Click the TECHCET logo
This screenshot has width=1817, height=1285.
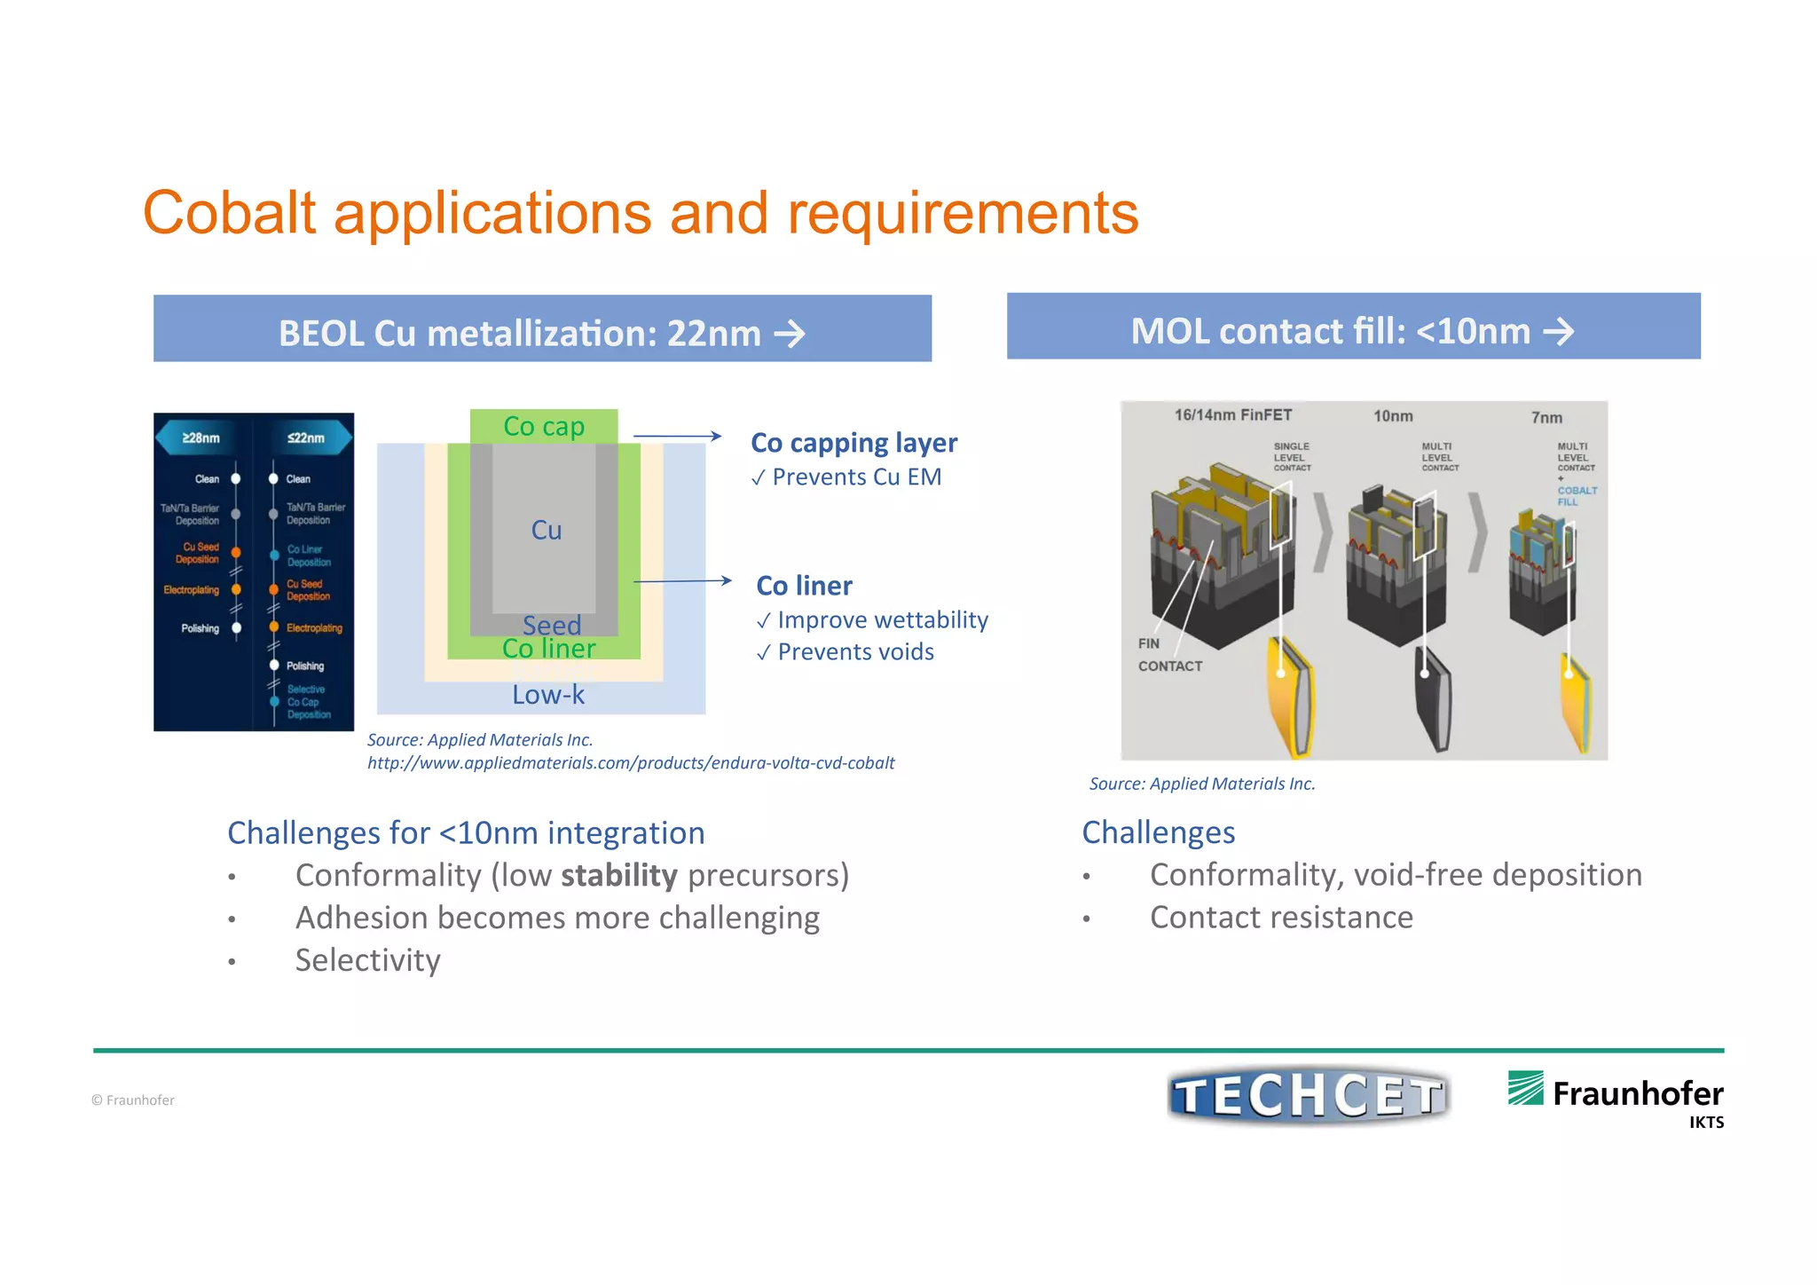click(1310, 1095)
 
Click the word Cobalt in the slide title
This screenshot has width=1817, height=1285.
click(229, 213)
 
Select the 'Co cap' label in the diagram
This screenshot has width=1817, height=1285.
click(544, 427)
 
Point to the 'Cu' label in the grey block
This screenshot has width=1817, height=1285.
click(547, 530)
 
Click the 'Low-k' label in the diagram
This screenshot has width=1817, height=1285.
click(548, 695)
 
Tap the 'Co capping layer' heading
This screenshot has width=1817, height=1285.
click(853, 442)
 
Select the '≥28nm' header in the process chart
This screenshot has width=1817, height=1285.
click(201, 438)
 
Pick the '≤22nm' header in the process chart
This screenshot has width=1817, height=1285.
click(306, 438)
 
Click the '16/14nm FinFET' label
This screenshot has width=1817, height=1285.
click(1232, 415)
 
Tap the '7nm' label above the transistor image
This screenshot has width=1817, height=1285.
click(1546, 418)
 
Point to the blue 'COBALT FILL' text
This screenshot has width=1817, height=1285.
click(1577, 496)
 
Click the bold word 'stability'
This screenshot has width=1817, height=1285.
click(619, 876)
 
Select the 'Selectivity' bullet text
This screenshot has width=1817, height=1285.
click(367, 960)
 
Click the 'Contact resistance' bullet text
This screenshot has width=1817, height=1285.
click(1281, 918)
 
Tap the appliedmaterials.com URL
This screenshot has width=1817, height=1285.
click(631, 763)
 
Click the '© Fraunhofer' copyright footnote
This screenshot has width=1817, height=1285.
click(133, 1100)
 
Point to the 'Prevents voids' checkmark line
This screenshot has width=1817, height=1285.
click(846, 652)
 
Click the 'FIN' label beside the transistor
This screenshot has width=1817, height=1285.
click(1148, 644)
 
